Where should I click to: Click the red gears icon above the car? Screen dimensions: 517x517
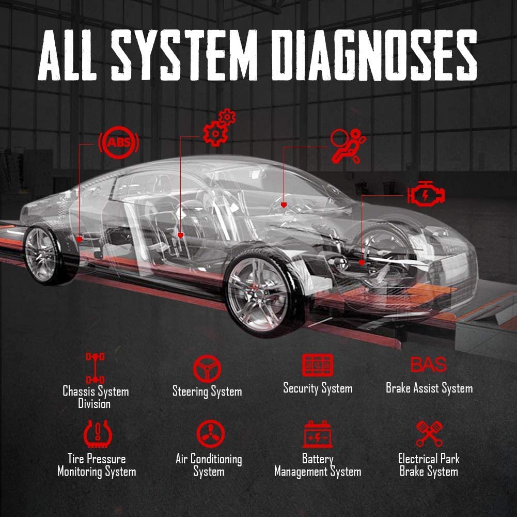pos(218,127)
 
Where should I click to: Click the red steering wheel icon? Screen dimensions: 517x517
pos(207,368)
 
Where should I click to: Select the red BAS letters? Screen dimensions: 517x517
pos(429,365)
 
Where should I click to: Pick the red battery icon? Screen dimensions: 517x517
pos(318,434)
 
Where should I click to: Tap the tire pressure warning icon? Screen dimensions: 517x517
pos(97,434)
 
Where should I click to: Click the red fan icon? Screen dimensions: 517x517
pos(209,434)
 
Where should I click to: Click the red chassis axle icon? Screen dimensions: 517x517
pos(96,367)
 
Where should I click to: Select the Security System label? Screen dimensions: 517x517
pos(318,388)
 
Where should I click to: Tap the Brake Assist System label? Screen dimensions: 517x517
pos(429,388)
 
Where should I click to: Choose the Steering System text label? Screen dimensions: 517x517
pos(207,391)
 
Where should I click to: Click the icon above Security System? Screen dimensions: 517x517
pos(318,365)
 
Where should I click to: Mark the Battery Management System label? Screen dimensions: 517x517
pos(318,465)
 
